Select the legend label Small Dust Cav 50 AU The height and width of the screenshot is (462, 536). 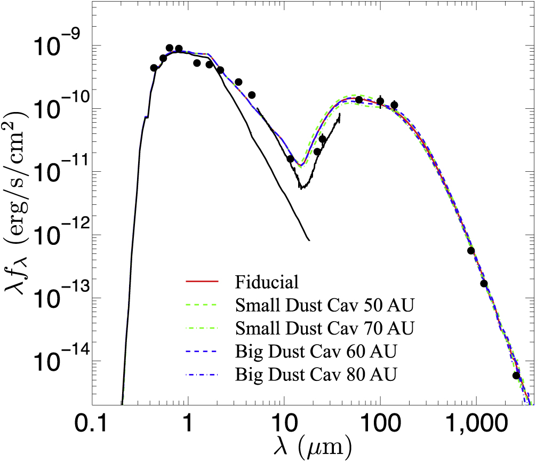(324, 305)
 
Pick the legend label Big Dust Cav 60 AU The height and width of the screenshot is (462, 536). (317, 351)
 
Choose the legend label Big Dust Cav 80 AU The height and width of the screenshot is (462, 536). (317, 373)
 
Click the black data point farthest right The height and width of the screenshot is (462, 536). (516, 376)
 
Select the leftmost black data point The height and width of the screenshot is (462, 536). (154, 68)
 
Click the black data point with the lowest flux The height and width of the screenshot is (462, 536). (516, 376)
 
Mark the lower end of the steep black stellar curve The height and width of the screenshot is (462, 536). (308, 240)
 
